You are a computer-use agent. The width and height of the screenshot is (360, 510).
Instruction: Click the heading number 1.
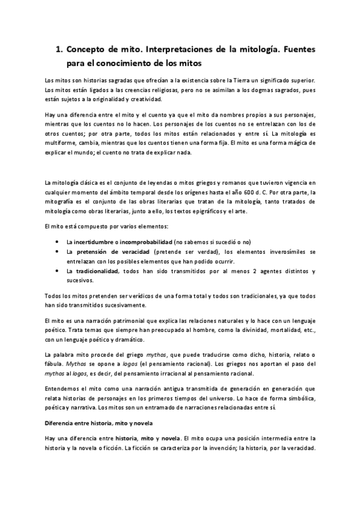(58, 50)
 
